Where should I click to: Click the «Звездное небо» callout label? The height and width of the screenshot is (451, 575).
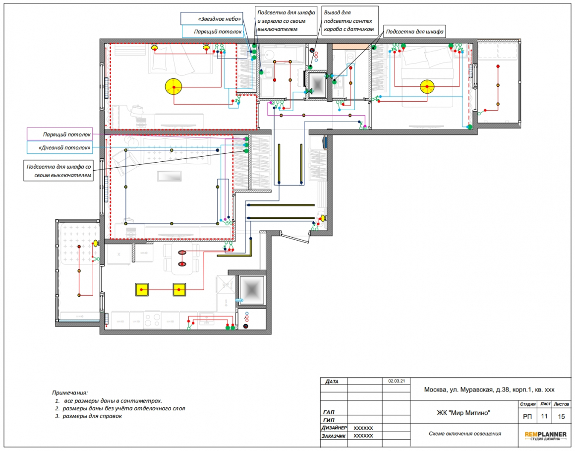point(212,18)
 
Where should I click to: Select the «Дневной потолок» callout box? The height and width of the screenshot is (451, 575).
point(59,147)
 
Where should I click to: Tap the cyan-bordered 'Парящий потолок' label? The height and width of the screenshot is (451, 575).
point(212,32)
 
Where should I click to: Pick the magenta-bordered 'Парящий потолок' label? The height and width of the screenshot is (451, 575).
point(59,134)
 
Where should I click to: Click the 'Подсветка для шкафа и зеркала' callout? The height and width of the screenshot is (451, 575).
point(286,20)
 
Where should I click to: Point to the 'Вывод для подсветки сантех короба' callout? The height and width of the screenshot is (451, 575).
point(350,20)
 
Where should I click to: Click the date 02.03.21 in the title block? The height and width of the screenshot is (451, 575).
point(397,381)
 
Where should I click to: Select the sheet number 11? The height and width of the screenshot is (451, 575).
point(544,416)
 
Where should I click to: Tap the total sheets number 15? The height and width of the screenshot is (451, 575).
point(561,416)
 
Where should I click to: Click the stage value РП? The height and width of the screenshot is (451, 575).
point(527,416)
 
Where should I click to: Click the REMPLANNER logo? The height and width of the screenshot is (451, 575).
point(545,436)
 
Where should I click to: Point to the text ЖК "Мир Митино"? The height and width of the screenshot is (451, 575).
point(463,413)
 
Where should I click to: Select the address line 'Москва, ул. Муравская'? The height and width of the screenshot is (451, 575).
point(489,389)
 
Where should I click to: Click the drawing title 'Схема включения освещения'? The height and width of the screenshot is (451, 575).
point(465,433)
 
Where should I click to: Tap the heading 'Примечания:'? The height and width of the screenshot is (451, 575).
point(70,392)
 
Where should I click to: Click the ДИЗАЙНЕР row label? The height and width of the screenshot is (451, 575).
point(334,428)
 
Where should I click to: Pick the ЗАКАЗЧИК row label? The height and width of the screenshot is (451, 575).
point(333,436)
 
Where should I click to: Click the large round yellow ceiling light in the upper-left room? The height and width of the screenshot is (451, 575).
point(173,87)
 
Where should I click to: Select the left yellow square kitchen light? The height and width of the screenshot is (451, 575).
point(142,290)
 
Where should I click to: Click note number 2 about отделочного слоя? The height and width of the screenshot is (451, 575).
point(120,408)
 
